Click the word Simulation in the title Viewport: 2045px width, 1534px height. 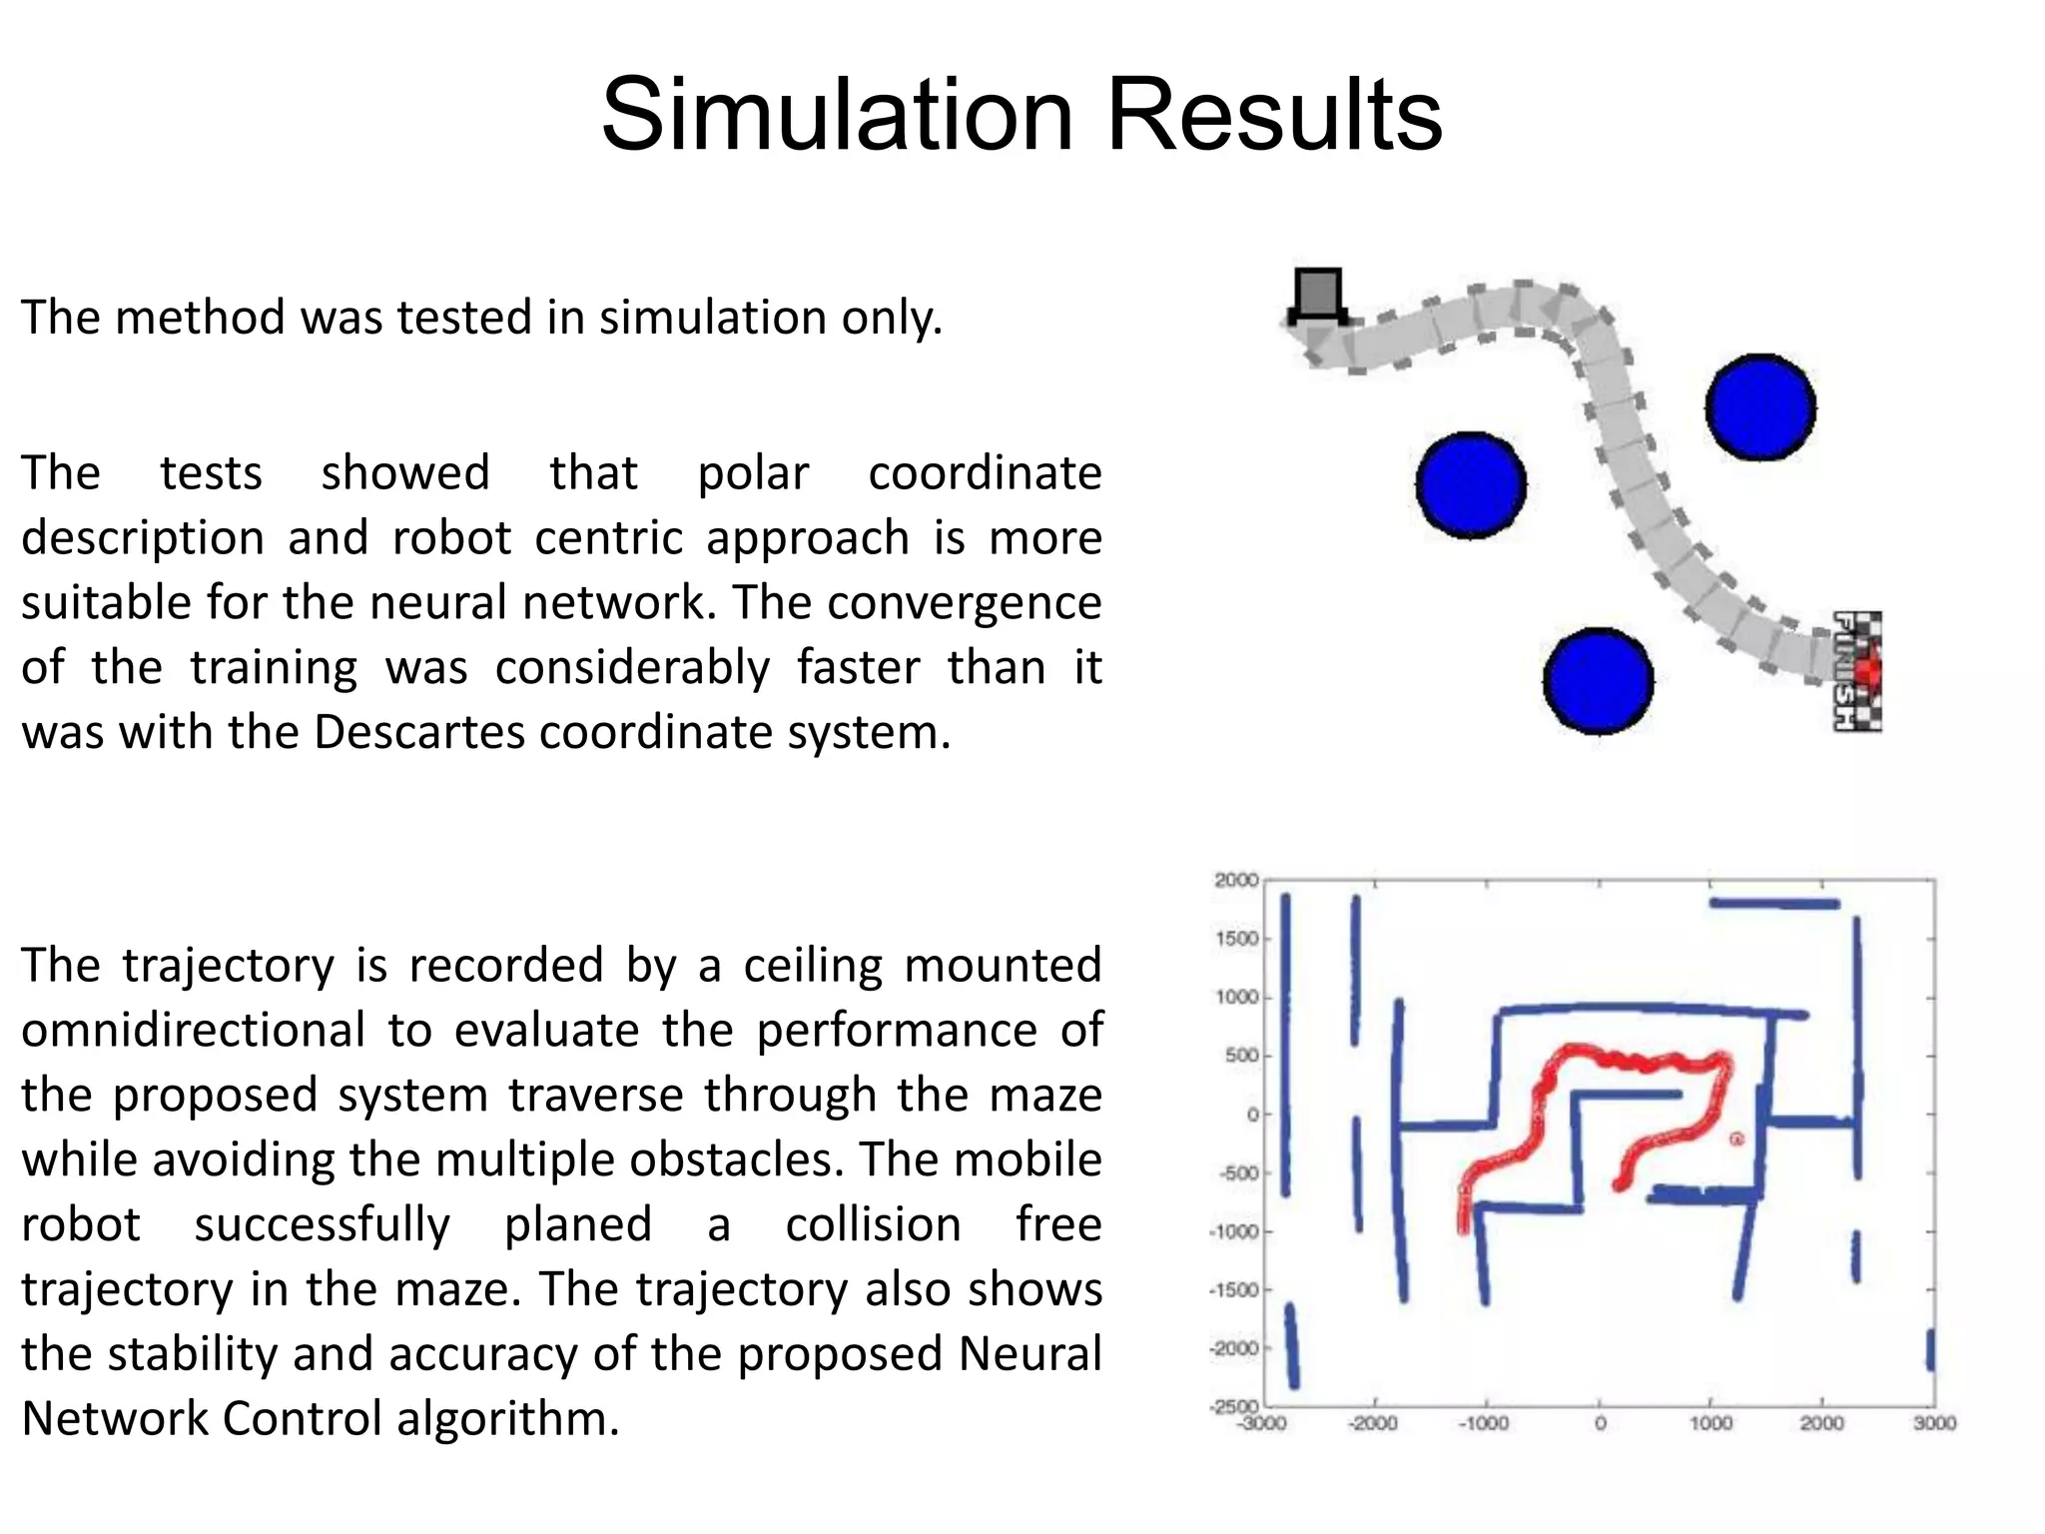(837, 115)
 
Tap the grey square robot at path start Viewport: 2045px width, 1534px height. (1318, 295)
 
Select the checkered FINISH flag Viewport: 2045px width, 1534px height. (1857, 671)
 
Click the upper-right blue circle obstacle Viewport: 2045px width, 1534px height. (1760, 407)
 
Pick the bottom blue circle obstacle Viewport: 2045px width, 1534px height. (1598, 681)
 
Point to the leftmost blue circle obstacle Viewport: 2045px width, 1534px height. (1471, 485)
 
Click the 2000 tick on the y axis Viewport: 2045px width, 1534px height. (1236, 880)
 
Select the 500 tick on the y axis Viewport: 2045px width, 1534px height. (1242, 1056)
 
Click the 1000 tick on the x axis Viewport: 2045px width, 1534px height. (1710, 1423)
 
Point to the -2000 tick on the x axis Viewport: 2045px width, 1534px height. (1373, 1423)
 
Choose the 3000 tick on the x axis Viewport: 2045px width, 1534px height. (1934, 1423)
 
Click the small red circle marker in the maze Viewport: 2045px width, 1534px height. (1736, 1139)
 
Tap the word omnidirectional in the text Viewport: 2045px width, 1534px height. (193, 1030)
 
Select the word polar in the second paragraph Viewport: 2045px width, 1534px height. (752, 473)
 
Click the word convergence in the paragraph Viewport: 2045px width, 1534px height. (964, 603)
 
